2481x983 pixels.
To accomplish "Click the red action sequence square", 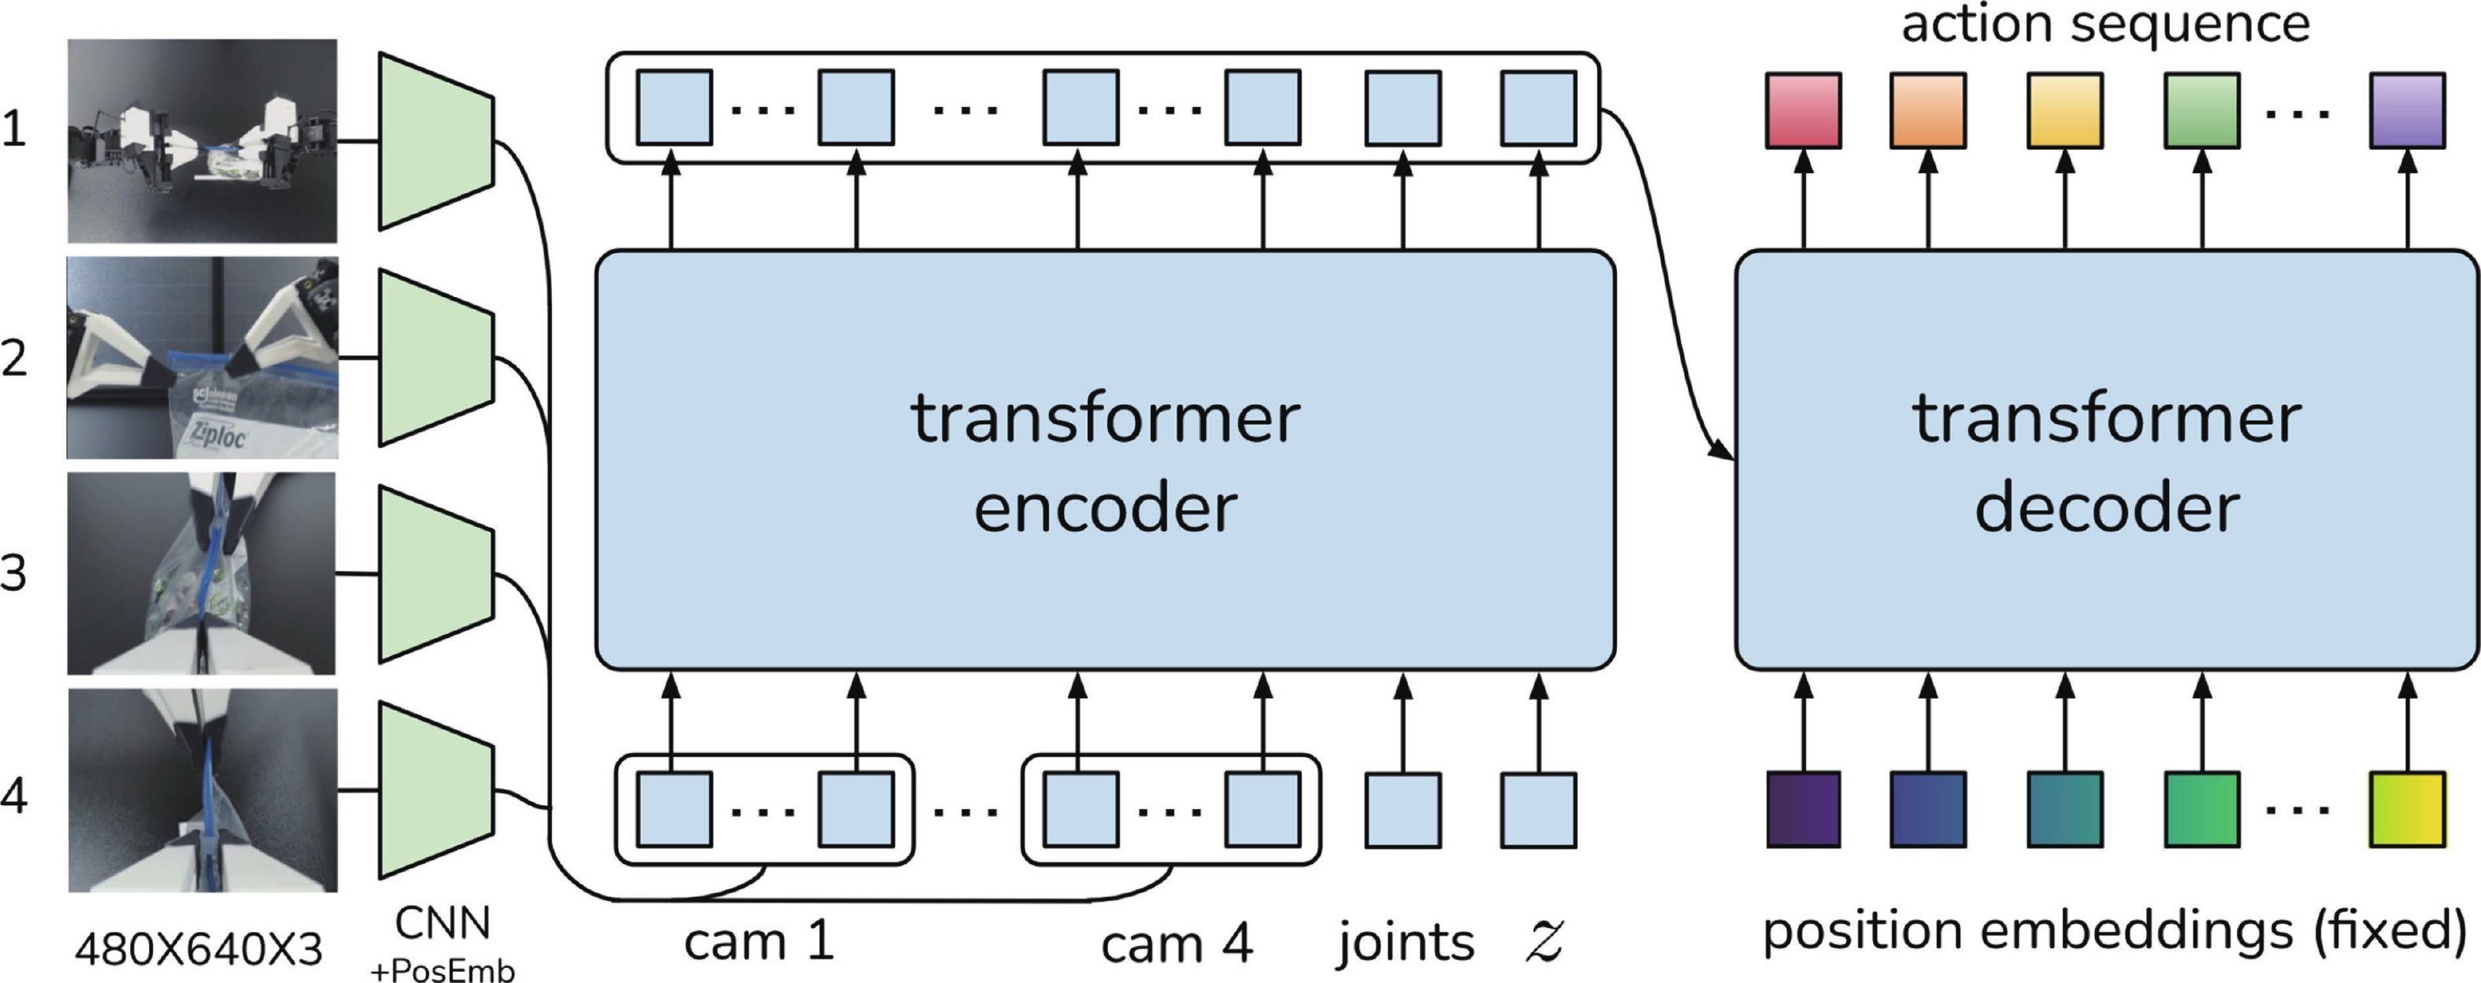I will (x=1803, y=111).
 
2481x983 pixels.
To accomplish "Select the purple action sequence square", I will (x=2407, y=111).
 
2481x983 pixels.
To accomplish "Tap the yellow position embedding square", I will (x=2407, y=809).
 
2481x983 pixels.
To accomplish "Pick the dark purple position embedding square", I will (x=1803, y=809).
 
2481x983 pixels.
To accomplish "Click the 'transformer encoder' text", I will (x=1105, y=462).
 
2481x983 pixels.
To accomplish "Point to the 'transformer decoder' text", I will (x=2106, y=462).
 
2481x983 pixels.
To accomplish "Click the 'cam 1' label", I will (x=759, y=940).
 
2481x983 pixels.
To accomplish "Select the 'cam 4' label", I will (x=1176, y=944).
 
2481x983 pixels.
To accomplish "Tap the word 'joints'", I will (x=1405, y=943).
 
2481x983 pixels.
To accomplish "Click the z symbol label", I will (x=1544, y=940).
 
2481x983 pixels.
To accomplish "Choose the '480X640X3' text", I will (x=198, y=950).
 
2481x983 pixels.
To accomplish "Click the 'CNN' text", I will (x=442, y=923).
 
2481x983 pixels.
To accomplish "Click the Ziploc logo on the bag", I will (x=217, y=434).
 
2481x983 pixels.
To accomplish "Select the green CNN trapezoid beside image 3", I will (x=436, y=574).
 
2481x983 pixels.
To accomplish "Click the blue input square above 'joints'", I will (x=1404, y=810).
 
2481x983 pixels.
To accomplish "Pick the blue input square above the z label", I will (x=1538, y=810).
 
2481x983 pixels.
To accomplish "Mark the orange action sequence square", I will (x=1927, y=111).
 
